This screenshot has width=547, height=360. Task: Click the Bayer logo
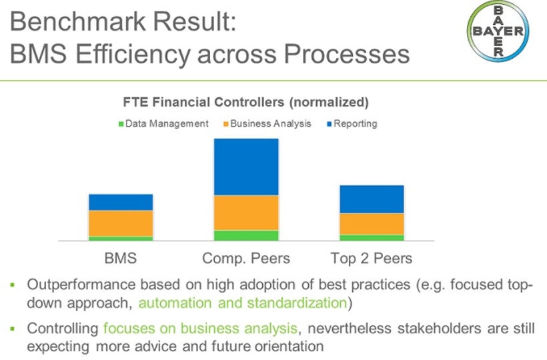coord(498,31)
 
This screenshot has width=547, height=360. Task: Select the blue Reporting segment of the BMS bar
coord(121,202)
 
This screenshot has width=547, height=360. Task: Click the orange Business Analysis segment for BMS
coord(121,223)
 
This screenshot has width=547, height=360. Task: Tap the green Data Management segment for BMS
coord(121,238)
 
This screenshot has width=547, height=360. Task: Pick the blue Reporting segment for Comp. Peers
coord(246,167)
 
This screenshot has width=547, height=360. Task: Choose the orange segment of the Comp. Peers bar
coord(246,213)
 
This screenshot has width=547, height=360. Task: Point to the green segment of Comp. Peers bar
coord(246,235)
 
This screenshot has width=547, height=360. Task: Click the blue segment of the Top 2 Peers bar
coord(372,199)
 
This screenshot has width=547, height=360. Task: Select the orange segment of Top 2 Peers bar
coord(372,224)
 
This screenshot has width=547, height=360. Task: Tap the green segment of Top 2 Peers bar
coord(372,237)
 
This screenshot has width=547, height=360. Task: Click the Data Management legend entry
coord(163,123)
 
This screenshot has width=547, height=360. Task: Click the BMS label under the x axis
coord(121,258)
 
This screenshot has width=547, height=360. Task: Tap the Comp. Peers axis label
coord(246,258)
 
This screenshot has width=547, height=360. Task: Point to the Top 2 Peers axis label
coord(372,258)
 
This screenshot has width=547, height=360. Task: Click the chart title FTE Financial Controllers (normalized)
coord(245,103)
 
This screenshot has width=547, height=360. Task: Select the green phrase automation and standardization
coord(243,303)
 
